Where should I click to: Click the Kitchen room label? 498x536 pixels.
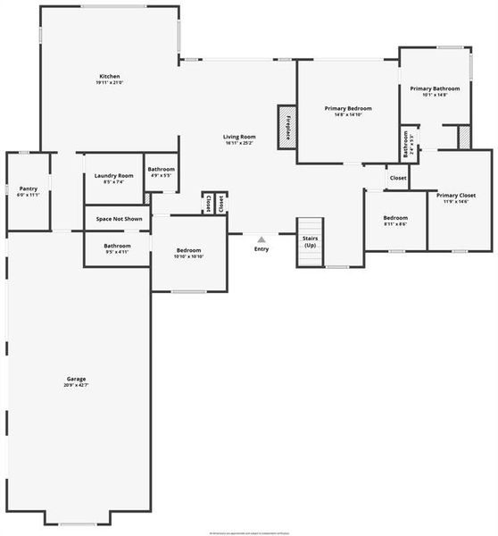109,77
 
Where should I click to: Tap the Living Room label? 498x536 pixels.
239,137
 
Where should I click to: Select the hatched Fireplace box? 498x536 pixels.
286,127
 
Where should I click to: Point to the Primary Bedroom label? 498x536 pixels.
347,108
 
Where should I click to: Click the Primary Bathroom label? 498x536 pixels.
435,88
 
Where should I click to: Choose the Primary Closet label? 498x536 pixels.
455,195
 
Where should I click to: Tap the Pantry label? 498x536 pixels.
29,188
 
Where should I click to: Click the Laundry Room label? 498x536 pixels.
114,175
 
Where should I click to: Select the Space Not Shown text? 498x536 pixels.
120,219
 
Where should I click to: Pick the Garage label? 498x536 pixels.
76,379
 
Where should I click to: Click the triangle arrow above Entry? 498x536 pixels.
261,239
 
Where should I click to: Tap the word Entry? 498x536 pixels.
261,249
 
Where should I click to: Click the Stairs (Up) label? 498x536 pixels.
310,242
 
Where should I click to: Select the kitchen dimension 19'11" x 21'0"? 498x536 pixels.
109,83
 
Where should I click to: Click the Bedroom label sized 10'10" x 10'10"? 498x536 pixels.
188,250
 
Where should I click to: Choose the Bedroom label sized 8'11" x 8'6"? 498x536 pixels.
395,218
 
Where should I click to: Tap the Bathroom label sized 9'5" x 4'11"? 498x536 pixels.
117,246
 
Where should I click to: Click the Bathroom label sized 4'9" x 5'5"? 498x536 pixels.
161,169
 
